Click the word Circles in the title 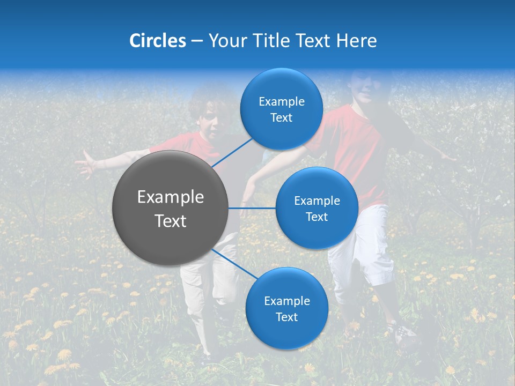point(157,41)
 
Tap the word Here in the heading point(356,41)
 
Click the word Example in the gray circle point(170,197)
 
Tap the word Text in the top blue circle point(281,118)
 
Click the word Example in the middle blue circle point(317,201)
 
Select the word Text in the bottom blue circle point(286,317)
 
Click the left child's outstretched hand point(84,164)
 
